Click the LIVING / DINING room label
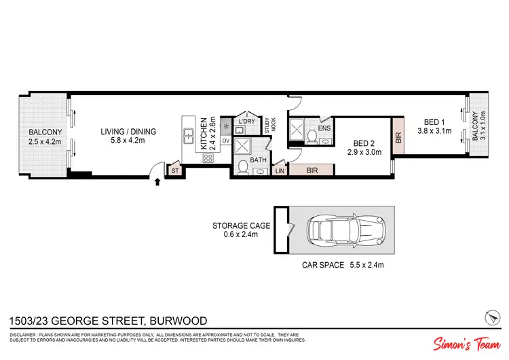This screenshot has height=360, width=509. [128, 132]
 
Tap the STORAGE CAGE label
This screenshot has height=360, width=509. [242, 226]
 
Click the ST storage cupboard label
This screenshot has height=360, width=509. [174, 171]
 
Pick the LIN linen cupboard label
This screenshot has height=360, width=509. [279, 171]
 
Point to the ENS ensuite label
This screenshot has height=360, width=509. [324, 128]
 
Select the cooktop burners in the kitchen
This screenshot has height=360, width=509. [208, 158]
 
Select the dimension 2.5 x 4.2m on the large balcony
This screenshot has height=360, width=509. [45, 142]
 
